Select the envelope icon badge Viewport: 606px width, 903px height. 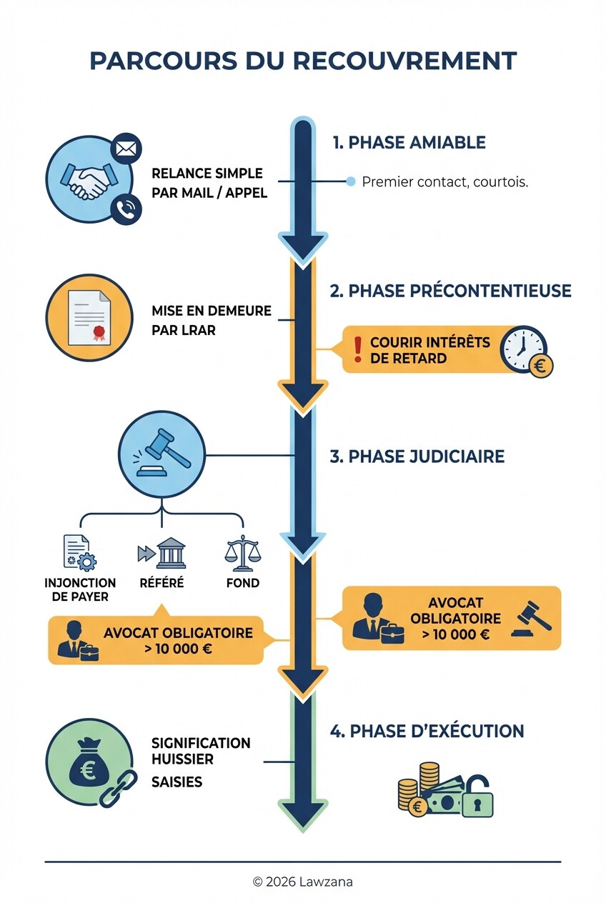126,149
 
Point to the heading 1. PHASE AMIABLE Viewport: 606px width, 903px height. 409,142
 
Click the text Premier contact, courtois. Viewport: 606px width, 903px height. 444,181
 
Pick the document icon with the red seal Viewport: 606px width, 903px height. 89,316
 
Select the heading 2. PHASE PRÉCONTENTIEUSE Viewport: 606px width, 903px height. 450,291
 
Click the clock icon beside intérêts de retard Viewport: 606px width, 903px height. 522,347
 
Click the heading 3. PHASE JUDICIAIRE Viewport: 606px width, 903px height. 417,457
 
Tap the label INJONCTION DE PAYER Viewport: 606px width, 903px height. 80,590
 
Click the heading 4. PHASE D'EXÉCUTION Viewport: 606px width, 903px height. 427,731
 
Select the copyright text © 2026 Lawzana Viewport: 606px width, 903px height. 302,882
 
